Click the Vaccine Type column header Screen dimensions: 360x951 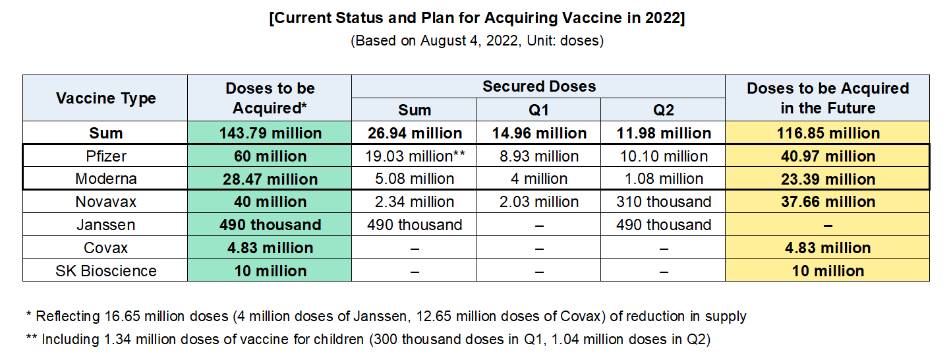(x=105, y=98)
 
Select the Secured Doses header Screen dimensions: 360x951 (x=538, y=86)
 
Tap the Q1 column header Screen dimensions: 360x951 (x=538, y=109)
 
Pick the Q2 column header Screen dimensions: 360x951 (x=663, y=109)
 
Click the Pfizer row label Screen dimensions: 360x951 (x=105, y=156)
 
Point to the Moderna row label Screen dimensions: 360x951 (x=105, y=179)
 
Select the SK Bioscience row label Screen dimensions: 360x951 (x=105, y=271)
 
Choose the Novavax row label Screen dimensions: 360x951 (x=105, y=202)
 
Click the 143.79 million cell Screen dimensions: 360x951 (x=270, y=133)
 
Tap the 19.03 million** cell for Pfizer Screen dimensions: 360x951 (x=415, y=156)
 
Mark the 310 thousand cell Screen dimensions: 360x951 (x=663, y=202)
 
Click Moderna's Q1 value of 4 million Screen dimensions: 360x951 (x=538, y=179)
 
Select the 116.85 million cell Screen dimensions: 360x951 (x=828, y=133)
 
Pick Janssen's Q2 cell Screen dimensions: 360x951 (x=663, y=225)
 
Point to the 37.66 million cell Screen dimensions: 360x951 (x=828, y=202)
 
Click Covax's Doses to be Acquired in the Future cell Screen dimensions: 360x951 (x=828, y=248)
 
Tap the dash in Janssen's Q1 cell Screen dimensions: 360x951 (x=538, y=225)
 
